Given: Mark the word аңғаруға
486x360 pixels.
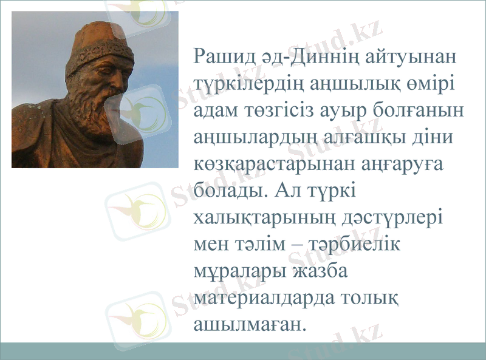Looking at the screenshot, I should click(x=406, y=166).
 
